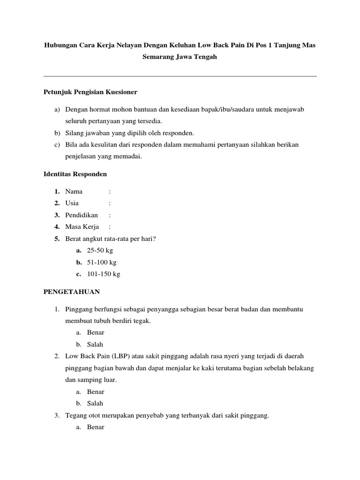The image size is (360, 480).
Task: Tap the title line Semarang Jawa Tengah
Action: pyautogui.click(x=180, y=57)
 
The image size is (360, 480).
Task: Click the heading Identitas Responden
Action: pyautogui.click(x=75, y=174)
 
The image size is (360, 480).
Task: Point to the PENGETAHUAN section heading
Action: pyautogui.click(x=72, y=292)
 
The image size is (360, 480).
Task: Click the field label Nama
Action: pyautogui.click(x=74, y=191)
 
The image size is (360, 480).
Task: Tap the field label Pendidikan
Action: pyautogui.click(x=82, y=215)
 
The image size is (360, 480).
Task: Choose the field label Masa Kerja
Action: pyautogui.click(x=82, y=227)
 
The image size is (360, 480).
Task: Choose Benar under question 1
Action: pyautogui.click(x=96, y=332)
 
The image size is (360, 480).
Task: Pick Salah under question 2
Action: pyautogui.click(x=95, y=403)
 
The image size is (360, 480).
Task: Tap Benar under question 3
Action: pyautogui.click(x=96, y=427)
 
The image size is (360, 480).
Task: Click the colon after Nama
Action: pyautogui.click(x=110, y=191)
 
